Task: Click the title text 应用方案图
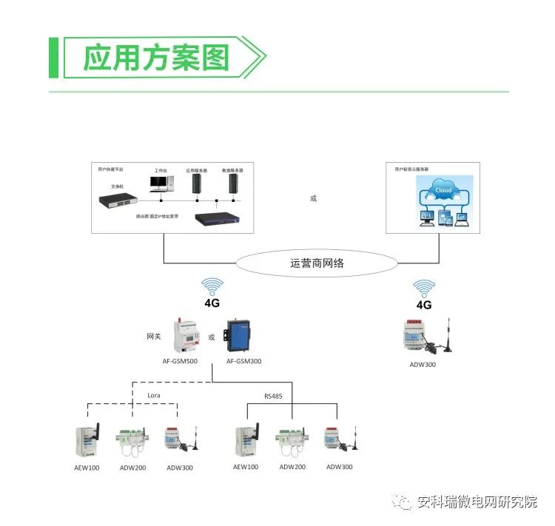point(155,58)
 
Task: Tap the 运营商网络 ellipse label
point(317,263)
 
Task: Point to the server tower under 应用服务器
point(198,183)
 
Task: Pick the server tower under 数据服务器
point(234,183)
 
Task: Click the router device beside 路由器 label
point(219,218)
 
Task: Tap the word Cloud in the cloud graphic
point(443,190)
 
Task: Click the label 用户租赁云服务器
point(413,169)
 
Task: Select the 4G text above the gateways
point(212,303)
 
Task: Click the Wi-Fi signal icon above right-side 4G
point(424,289)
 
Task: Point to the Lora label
point(154,395)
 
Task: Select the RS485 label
point(274,396)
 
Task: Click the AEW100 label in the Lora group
point(87,468)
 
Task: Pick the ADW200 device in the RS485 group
point(290,441)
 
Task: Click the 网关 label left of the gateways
point(153,337)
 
